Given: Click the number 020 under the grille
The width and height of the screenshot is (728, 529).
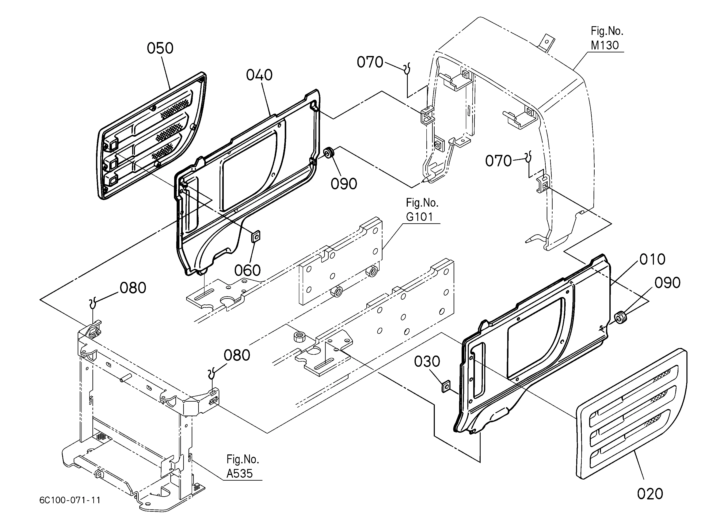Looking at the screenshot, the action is [650, 494].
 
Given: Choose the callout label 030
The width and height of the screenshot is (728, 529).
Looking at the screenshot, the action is [427, 362].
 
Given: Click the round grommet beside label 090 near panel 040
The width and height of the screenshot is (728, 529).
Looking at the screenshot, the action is [329, 153].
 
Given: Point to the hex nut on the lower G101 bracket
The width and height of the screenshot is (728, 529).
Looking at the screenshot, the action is [299, 337].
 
